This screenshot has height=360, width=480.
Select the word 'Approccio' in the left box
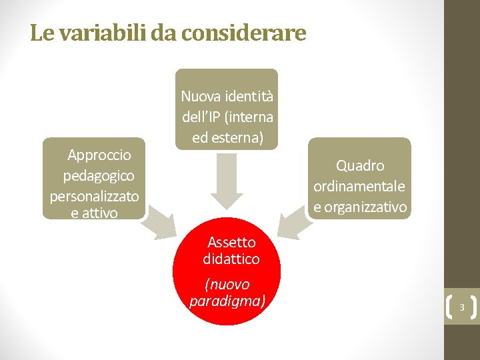tap(99, 155)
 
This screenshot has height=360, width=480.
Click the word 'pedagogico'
tap(99, 176)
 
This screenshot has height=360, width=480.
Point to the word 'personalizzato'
tap(94, 197)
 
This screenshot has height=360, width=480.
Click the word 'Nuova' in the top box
tap(198, 96)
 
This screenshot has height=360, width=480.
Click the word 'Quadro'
tap(360, 165)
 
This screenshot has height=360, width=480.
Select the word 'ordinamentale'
tap(359, 186)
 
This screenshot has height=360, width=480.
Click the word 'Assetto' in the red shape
tap(231, 242)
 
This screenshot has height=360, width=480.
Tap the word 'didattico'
tap(231, 259)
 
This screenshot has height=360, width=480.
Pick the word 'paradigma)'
tap(227, 301)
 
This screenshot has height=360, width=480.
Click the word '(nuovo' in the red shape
tap(227, 285)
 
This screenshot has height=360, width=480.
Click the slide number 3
tap(461, 307)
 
